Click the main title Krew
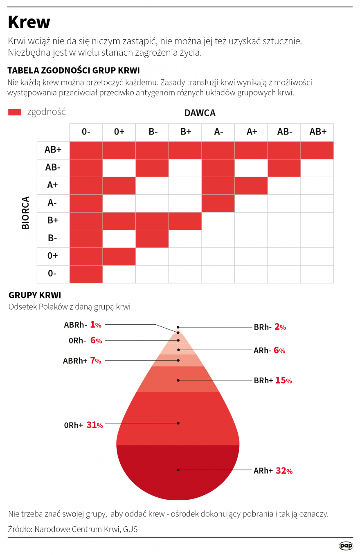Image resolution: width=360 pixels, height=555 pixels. click(29, 22)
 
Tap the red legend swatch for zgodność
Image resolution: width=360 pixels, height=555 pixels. click(15, 112)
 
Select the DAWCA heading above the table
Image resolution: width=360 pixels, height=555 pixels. click(200, 113)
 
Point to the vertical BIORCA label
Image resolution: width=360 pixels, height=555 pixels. click(26, 213)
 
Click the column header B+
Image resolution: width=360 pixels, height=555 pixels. click(185, 132)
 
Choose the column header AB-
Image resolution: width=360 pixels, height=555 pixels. click(284, 132)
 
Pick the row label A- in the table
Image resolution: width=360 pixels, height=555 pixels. click(52, 203)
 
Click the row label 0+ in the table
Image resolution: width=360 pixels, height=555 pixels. click(52, 256)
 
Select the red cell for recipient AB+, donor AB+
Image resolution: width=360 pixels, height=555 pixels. click(317, 150)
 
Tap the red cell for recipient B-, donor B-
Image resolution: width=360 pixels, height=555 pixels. click(152, 239)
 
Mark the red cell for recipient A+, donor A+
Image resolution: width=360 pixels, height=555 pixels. click(251, 185)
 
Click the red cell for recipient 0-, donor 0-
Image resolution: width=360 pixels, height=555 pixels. click(86, 274)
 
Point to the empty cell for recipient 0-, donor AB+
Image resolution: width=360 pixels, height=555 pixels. click(317, 274)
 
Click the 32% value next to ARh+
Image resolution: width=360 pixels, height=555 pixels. click(284, 471)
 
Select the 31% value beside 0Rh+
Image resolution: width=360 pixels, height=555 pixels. click(94, 425)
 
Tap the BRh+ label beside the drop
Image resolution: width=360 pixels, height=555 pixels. click(263, 381)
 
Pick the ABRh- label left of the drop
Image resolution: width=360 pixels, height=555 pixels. click(76, 325)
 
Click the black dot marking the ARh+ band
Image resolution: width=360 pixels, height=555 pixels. click(178, 470)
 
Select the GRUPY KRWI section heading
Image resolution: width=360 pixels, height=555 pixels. click(35, 295)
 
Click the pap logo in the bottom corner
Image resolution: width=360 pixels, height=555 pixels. click(346, 546)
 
